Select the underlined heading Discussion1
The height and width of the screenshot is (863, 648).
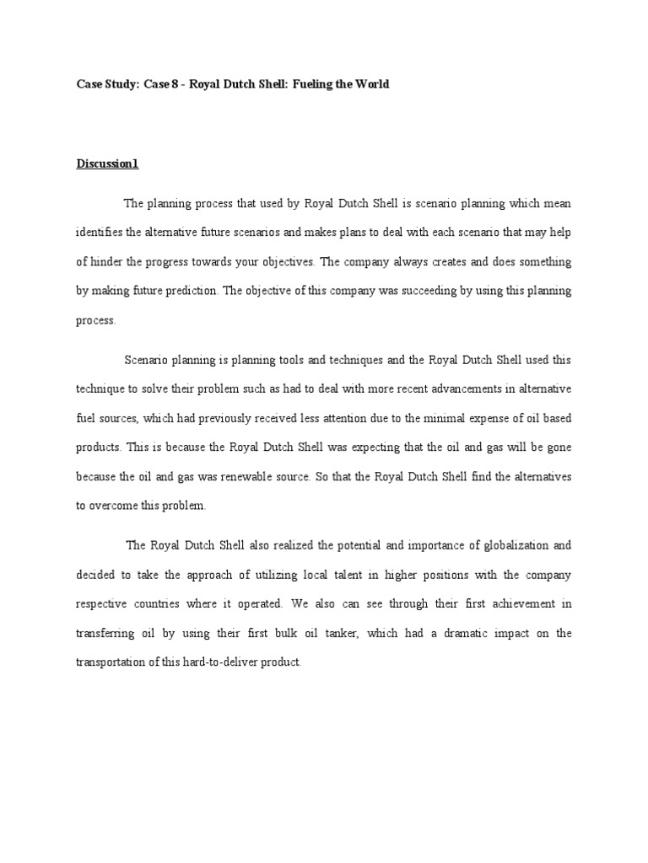[x=107, y=164]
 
